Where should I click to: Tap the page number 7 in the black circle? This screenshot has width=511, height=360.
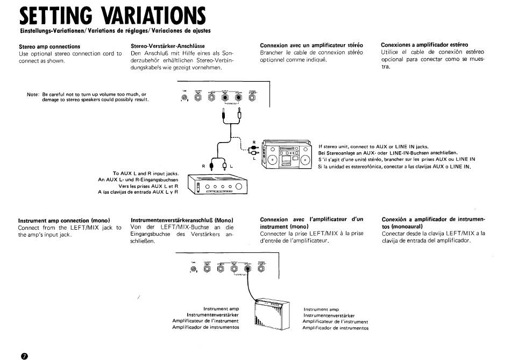pyautogui.click(x=23, y=355)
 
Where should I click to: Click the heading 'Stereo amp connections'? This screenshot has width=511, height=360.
pyautogui.click(x=49, y=46)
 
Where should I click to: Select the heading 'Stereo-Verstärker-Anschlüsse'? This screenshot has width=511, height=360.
pyautogui.click(x=168, y=46)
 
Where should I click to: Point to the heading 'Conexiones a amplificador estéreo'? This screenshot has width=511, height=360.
pyautogui.click(x=424, y=45)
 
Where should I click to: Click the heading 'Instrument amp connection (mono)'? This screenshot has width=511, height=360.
pyautogui.click(x=64, y=221)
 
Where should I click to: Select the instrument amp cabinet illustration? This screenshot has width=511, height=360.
pyautogui.click(x=275, y=313)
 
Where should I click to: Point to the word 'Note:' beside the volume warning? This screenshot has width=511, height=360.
pyautogui.click(x=33, y=95)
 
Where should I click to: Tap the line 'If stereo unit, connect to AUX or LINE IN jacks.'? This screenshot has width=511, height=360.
pyautogui.click(x=373, y=146)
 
